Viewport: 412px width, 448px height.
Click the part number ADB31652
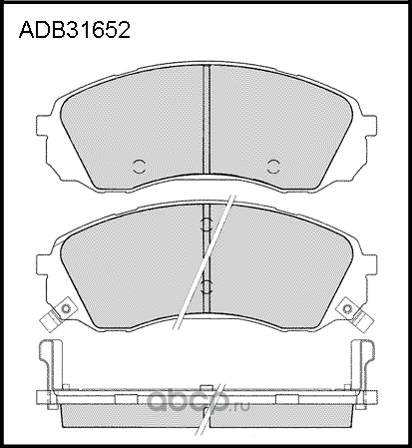(x=75, y=31)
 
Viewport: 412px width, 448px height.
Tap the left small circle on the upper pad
(x=140, y=166)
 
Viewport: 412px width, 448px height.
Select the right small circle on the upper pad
(x=274, y=166)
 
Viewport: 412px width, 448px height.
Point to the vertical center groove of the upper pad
(x=206, y=120)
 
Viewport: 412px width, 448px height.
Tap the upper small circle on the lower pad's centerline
(x=206, y=224)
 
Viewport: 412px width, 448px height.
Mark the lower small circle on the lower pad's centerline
(x=206, y=287)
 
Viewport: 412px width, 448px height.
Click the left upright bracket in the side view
(x=46, y=364)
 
